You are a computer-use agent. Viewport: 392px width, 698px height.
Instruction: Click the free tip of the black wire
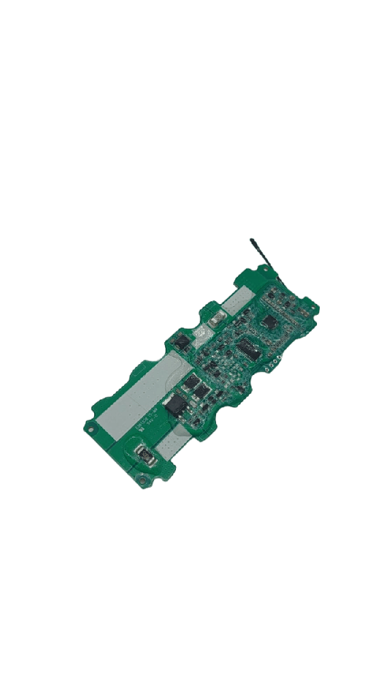252,240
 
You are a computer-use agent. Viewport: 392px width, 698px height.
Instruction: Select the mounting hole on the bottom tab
141,481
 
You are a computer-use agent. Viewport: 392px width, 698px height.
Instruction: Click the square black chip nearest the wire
270,321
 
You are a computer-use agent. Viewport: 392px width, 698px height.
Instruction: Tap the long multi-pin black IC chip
248,350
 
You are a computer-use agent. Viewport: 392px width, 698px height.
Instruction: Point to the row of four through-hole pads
273,365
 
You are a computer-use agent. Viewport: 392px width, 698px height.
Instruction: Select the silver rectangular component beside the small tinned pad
217,318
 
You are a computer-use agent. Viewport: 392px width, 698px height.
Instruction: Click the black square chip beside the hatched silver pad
182,341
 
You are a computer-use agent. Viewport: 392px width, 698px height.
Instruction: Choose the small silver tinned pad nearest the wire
239,299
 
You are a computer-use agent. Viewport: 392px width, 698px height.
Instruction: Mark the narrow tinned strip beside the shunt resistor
175,445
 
